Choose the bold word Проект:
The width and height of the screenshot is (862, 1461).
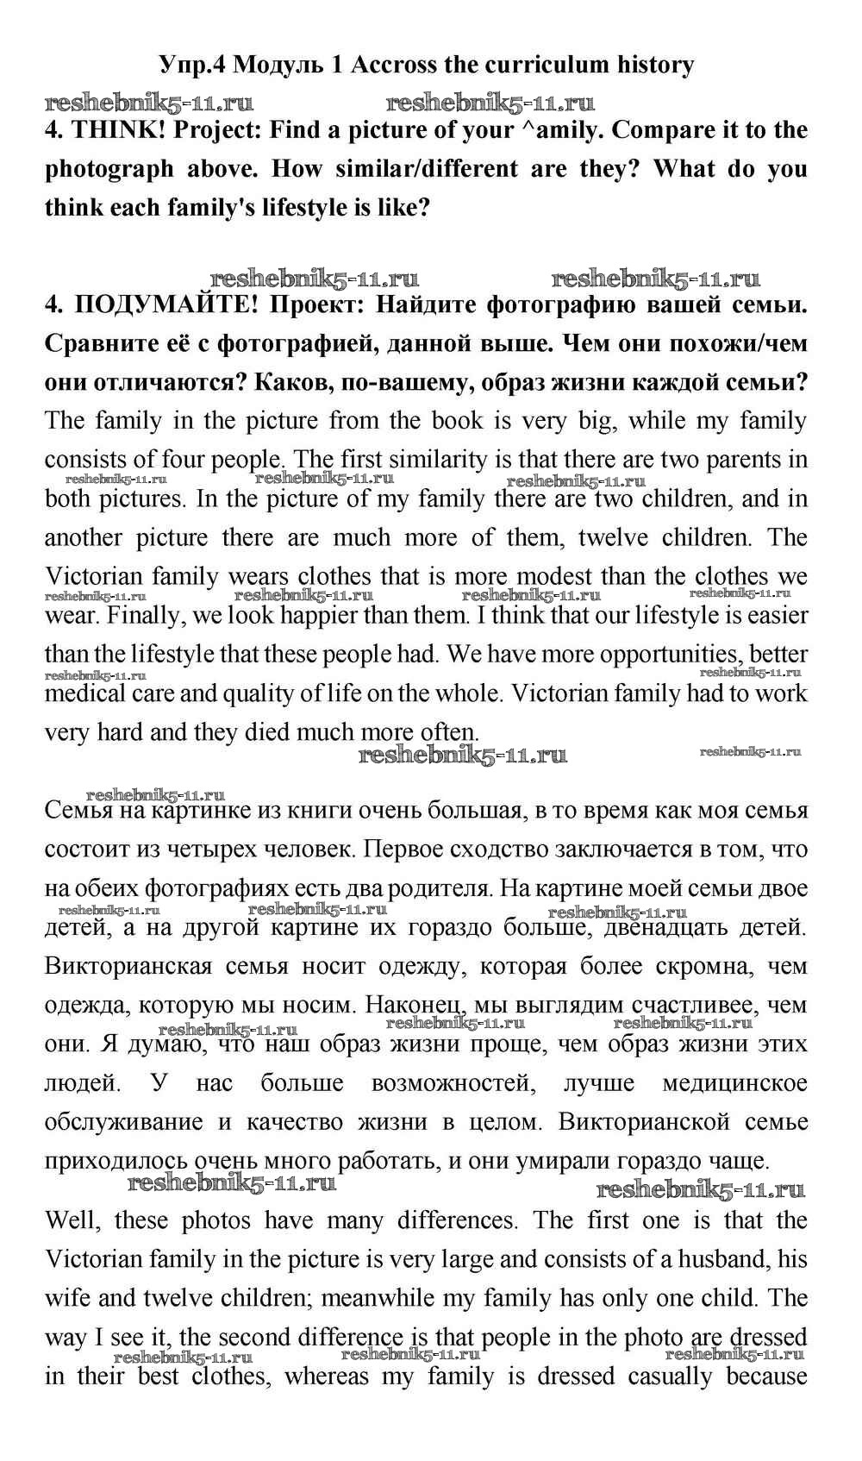[317, 304]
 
